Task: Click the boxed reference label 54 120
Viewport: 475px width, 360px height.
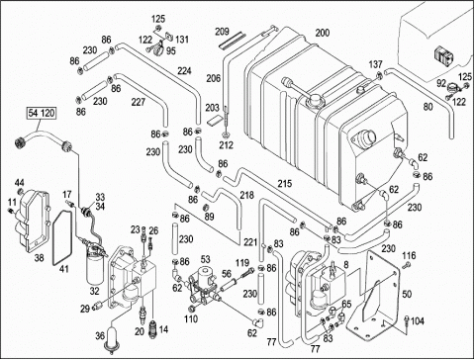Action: click(x=42, y=114)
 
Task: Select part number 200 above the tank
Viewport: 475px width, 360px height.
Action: click(x=323, y=33)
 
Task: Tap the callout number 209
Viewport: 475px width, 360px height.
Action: click(x=222, y=32)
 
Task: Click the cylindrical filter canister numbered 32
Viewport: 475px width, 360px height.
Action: click(x=94, y=269)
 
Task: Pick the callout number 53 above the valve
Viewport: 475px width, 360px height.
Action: click(x=205, y=259)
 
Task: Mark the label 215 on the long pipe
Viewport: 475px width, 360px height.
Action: click(x=285, y=184)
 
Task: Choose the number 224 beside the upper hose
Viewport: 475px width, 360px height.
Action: click(x=184, y=71)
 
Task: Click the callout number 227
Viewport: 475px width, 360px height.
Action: click(x=138, y=102)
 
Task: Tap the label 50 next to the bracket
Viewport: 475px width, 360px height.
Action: click(x=407, y=294)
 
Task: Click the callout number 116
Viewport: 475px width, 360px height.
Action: click(x=409, y=256)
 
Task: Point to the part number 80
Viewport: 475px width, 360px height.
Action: click(x=427, y=107)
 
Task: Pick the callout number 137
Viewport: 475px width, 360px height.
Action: click(x=375, y=64)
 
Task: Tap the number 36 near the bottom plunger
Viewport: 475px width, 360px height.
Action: click(x=100, y=336)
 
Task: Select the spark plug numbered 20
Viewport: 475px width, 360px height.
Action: click(x=143, y=312)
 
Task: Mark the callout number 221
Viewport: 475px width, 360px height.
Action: click(x=250, y=243)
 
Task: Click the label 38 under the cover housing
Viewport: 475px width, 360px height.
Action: click(x=39, y=258)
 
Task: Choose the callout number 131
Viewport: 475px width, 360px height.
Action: click(x=182, y=40)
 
